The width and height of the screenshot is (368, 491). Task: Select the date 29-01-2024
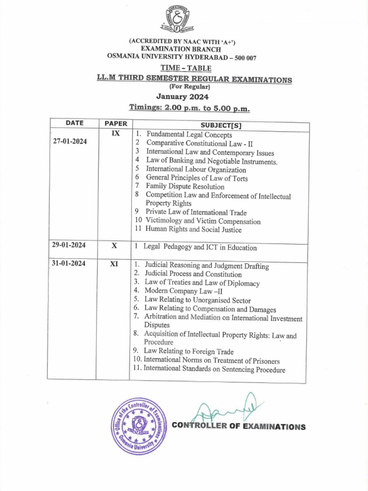coord(69,245)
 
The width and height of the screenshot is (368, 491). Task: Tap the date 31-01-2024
coord(69,263)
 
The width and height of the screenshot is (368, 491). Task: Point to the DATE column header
coord(75,123)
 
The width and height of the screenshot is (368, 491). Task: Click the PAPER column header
coord(115,123)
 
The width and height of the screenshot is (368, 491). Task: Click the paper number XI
coord(115,263)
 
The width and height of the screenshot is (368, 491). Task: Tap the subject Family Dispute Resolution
coord(185,187)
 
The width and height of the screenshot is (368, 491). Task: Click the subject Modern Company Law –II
coord(184,292)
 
